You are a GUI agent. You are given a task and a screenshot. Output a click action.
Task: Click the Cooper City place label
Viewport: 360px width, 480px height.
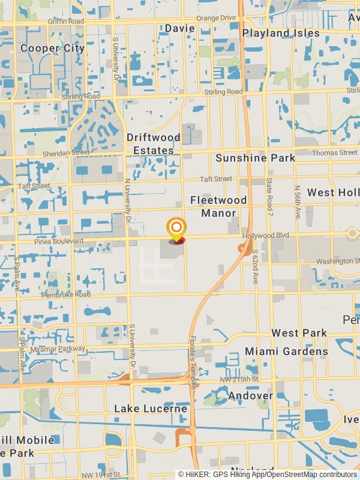52,48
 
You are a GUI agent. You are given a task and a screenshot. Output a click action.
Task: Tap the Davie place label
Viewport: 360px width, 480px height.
180,28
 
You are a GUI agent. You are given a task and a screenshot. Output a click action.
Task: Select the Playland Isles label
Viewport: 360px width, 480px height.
281,33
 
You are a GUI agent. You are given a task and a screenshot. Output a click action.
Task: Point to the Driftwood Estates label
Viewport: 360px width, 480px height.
154,144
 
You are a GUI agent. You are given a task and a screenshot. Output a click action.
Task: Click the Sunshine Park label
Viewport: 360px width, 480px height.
255,158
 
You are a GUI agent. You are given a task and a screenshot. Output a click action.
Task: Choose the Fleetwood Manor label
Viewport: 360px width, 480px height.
218,206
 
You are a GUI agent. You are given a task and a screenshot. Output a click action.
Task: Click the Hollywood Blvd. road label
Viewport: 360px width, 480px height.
266,236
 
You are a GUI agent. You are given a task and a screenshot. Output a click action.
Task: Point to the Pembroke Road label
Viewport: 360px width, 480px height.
65,295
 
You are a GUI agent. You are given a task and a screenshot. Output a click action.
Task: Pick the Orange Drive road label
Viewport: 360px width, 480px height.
216,18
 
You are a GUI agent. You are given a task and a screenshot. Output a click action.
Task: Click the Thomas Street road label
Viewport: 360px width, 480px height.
334,153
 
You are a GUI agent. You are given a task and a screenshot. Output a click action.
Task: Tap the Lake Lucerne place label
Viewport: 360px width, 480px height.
151,409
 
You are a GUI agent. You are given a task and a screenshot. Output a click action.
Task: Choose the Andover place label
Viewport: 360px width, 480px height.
251,396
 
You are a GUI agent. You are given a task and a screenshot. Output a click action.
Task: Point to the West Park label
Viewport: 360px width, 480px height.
299,333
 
